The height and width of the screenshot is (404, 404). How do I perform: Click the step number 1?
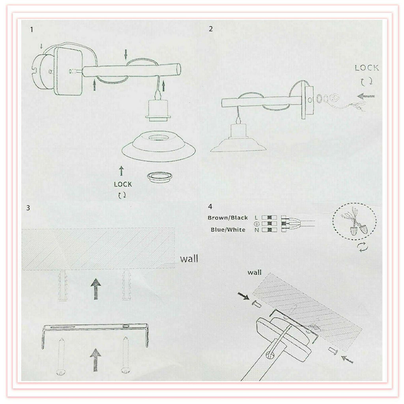(32, 30)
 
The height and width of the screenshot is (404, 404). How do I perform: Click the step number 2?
(211, 29)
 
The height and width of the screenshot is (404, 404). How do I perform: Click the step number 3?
(28, 208)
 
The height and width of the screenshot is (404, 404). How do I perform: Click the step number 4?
(210, 207)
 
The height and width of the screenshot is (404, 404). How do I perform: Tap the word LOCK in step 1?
(123, 185)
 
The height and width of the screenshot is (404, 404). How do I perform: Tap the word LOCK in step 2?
(367, 68)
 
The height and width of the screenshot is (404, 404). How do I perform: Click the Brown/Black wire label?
(228, 218)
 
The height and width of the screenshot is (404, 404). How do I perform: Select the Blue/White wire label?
(228, 230)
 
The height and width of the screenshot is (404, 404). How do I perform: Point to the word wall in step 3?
(189, 258)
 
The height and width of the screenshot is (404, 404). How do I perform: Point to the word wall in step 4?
(254, 272)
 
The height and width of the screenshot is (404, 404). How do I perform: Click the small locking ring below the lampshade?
(159, 178)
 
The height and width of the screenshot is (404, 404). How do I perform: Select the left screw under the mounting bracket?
(61, 356)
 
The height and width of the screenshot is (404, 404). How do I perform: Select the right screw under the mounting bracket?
(126, 355)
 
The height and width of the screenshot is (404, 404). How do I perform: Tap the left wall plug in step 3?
(63, 286)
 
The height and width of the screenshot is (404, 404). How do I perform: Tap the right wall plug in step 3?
(127, 285)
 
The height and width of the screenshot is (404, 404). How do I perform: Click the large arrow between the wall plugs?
(96, 289)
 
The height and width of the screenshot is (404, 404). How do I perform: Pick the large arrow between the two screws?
(95, 360)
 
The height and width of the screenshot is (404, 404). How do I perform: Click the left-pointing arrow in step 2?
(366, 96)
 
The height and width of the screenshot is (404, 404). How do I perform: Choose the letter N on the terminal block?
(256, 230)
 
